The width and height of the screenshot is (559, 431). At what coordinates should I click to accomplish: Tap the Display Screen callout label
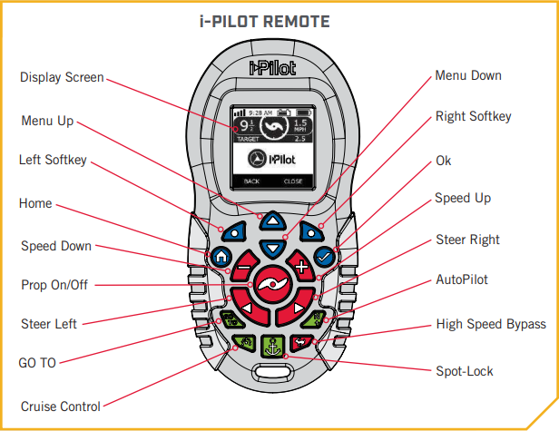[x=62, y=78]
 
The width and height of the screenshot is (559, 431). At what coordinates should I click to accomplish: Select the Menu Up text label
[x=47, y=121]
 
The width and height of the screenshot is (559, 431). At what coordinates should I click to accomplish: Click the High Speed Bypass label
[x=490, y=324]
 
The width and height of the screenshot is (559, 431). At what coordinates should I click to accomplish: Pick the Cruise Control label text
[x=60, y=406]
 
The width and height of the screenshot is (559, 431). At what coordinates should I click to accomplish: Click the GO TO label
[x=37, y=362]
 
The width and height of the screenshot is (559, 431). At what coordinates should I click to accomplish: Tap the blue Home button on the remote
[x=221, y=256]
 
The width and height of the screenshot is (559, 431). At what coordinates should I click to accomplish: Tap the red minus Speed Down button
[x=244, y=267]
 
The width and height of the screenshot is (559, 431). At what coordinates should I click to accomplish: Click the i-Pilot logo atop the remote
[x=274, y=67]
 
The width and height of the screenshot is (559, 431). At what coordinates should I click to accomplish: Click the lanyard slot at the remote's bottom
[x=273, y=372]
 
